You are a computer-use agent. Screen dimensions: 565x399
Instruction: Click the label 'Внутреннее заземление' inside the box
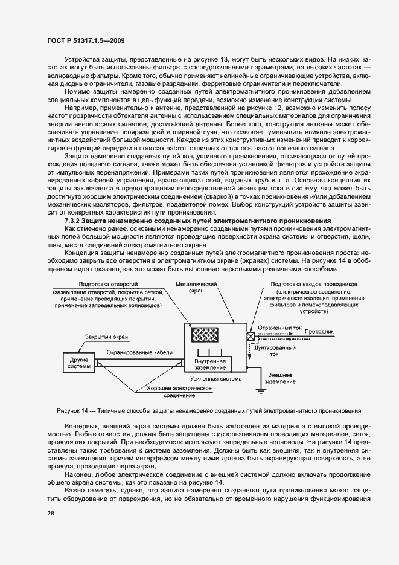pos(210,364)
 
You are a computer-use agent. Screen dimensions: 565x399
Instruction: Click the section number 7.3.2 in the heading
pos(74,221)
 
